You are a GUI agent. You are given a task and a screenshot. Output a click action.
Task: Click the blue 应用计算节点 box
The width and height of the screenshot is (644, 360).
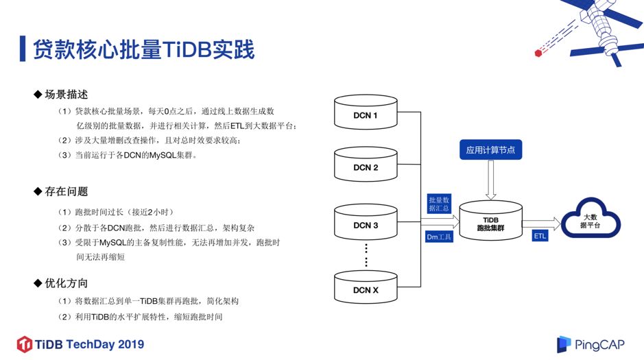490,149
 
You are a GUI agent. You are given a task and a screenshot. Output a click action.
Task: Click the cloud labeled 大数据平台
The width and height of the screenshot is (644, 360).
591,220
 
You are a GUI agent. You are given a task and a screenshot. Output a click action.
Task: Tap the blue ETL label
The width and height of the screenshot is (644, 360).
540,236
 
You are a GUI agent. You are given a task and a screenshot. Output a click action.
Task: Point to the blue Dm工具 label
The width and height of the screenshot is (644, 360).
440,237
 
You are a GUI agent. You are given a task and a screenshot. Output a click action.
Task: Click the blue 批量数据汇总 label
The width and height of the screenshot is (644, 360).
439,203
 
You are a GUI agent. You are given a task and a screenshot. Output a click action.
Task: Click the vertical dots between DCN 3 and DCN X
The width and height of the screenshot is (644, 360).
366,255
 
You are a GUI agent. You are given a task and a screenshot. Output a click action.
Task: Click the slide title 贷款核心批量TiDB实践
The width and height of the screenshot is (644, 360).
144,50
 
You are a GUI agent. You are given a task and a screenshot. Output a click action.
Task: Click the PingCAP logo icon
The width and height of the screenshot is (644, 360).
564,344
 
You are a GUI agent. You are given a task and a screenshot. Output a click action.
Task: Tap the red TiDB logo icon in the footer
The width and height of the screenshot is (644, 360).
25,344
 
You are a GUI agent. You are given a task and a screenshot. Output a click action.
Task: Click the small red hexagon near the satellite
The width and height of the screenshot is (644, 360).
538,51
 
